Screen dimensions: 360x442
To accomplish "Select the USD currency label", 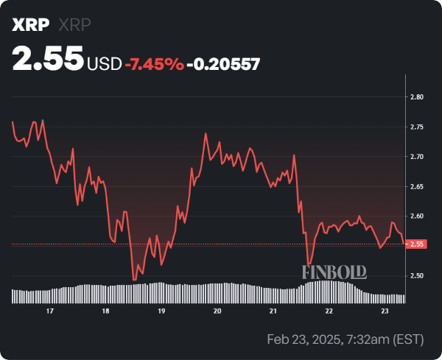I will [104, 64].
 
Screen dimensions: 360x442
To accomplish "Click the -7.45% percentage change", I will [154, 64].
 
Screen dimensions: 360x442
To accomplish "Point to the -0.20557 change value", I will [224, 64].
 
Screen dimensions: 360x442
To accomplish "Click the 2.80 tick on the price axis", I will [416, 97].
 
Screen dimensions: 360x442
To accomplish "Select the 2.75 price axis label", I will [416, 127].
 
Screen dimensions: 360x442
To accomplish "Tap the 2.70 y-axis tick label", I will [416, 157].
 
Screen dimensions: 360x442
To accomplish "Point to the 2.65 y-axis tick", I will [416, 187].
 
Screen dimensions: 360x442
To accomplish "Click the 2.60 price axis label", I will [416, 216].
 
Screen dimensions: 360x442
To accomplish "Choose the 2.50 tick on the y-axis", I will [416, 276].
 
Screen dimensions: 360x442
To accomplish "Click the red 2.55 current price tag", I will [417, 244].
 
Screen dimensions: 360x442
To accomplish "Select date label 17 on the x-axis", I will [49, 311].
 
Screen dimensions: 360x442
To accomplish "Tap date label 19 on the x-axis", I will [161, 311].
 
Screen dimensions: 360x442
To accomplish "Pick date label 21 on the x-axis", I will [273, 311].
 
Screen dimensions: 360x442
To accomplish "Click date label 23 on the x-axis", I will [385, 311].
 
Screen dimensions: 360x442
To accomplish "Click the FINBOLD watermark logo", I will [334, 272].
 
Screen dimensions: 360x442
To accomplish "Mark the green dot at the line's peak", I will [43, 120].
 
